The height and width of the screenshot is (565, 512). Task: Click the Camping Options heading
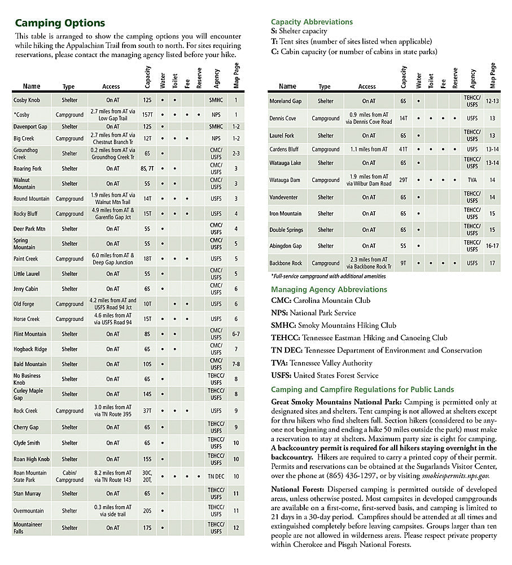click(60, 23)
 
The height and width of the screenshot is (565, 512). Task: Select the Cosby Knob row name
click(27, 100)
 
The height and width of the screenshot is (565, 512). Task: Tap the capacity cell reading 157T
click(147, 115)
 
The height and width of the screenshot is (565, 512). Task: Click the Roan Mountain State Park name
click(30, 476)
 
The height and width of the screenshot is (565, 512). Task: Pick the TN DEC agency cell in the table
click(216, 476)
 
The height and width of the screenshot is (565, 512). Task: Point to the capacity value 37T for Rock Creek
click(147, 411)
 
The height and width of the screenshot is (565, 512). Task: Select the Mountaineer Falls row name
click(28, 528)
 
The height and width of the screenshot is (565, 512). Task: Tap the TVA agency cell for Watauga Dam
click(472, 180)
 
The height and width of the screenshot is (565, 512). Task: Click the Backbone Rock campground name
click(286, 263)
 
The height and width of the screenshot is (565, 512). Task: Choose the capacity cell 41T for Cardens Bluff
click(403, 149)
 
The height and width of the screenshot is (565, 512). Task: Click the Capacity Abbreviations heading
click(312, 22)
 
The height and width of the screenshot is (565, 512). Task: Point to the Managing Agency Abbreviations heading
click(329, 289)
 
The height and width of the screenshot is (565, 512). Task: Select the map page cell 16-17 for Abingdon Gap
click(492, 246)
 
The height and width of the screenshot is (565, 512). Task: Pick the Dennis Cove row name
click(283, 118)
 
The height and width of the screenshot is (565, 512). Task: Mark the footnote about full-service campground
click(328, 276)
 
